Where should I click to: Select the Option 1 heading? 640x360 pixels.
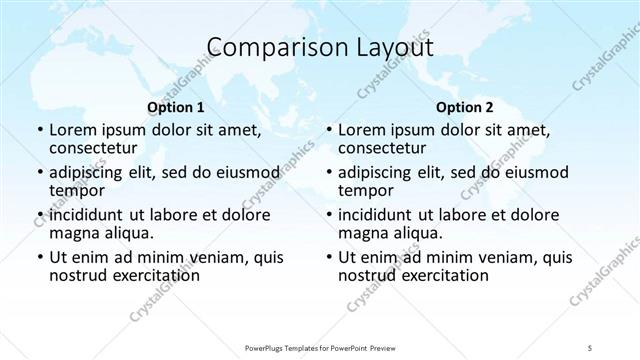(x=176, y=108)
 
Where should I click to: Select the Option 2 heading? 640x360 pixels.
(x=465, y=108)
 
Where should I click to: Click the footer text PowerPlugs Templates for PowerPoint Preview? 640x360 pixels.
(x=320, y=347)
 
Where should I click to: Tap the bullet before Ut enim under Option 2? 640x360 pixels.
(x=328, y=257)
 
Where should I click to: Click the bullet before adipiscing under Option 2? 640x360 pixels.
(x=328, y=172)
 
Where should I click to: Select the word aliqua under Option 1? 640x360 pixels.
(x=128, y=233)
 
